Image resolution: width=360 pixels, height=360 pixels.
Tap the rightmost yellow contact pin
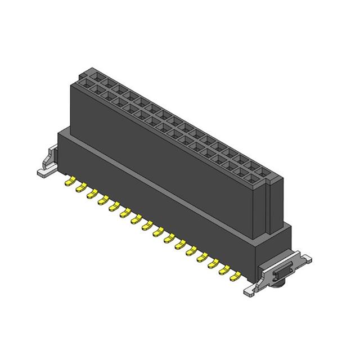tap(238, 276)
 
